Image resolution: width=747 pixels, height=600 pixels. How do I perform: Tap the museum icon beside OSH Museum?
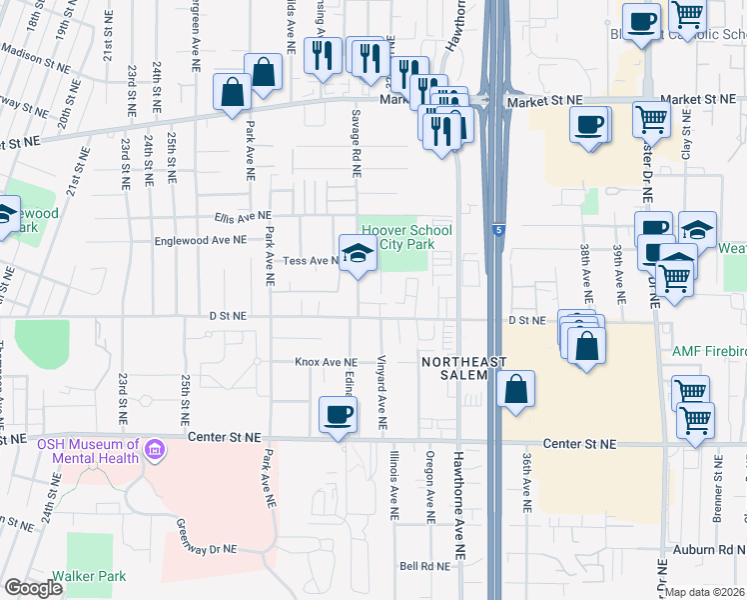[x=155, y=452]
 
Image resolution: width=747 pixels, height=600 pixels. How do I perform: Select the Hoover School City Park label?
[x=405, y=238]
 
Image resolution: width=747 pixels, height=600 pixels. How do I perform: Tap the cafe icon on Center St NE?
[x=338, y=415]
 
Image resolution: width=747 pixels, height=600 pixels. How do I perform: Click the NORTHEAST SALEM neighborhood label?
[x=462, y=368]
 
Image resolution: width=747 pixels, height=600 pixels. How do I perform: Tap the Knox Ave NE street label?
[x=325, y=362]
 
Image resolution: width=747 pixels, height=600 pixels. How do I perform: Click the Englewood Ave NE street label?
[x=200, y=241]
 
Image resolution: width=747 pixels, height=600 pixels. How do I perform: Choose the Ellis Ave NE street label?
[x=242, y=216]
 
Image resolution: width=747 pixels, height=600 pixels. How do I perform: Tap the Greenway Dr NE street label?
[x=207, y=536]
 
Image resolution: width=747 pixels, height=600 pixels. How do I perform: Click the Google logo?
[x=33, y=588]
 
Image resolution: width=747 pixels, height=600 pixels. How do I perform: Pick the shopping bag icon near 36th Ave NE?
[x=515, y=391]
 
